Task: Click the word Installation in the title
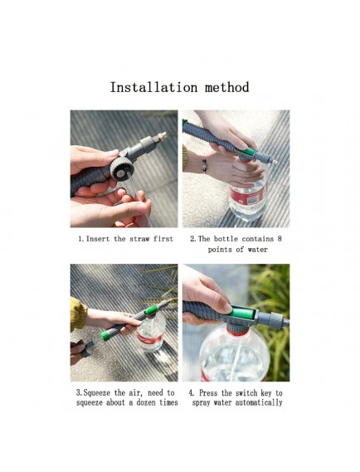pyautogui.click(x=153, y=87)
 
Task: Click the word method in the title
pyautogui.click(x=227, y=87)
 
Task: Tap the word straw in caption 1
pyautogui.click(x=139, y=239)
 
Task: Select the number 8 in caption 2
pyautogui.click(x=280, y=239)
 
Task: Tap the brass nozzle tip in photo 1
pyautogui.click(x=163, y=136)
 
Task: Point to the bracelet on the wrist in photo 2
pyautogui.click(x=204, y=164)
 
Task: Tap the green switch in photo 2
pyautogui.click(x=250, y=153)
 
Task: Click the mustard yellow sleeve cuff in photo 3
pyautogui.click(x=77, y=314)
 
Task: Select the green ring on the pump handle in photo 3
pyautogui.click(x=105, y=335)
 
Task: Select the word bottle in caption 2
pyautogui.click(x=226, y=239)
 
